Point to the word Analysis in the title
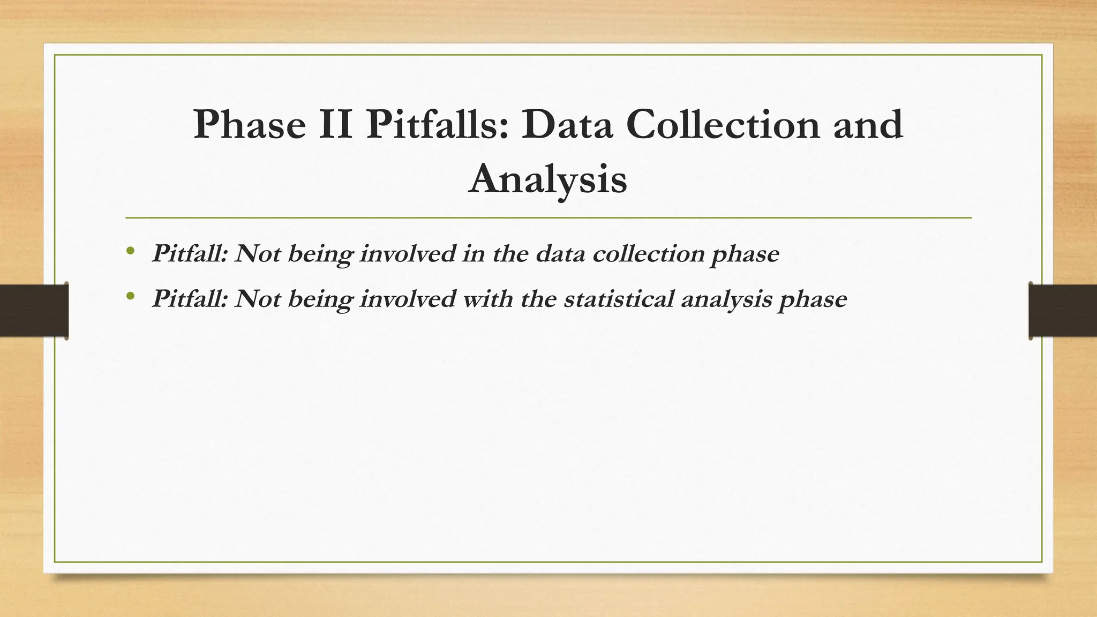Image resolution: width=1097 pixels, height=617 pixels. pyautogui.click(x=547, y=179)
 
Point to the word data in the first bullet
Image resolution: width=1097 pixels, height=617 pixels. pyautogui.click(x=560, y=253)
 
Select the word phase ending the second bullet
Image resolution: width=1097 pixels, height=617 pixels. pyautogui.click(x=813, y=299)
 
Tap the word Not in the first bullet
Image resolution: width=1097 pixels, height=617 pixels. pyautogui.click(x=258, y=253)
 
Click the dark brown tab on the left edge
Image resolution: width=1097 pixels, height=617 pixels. pyautogui.click(x=34, y=311)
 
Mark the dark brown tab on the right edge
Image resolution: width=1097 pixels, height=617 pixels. pyautogui.click(x=1063, y=311)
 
